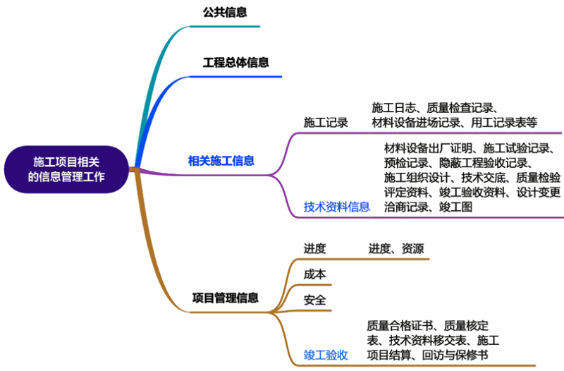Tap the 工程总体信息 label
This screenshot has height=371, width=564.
pyautogui.click(x=235, y=62)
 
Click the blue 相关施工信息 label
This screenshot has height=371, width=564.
pyautogui.click(x=221, y=161)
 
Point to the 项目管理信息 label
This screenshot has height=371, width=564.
pyautogui.click(x=225, y=298)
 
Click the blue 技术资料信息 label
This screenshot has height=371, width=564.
pyautogui.click(x=336, y=207)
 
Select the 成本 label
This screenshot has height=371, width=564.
pyautogui.click(x=314, y=274)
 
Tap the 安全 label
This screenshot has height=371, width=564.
pyautogui.click(x=314, y=299)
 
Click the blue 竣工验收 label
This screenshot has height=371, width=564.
pyautogui.click(x=325, y=353)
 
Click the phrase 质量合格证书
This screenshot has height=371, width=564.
pyautogui.click(x=403, y=326)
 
